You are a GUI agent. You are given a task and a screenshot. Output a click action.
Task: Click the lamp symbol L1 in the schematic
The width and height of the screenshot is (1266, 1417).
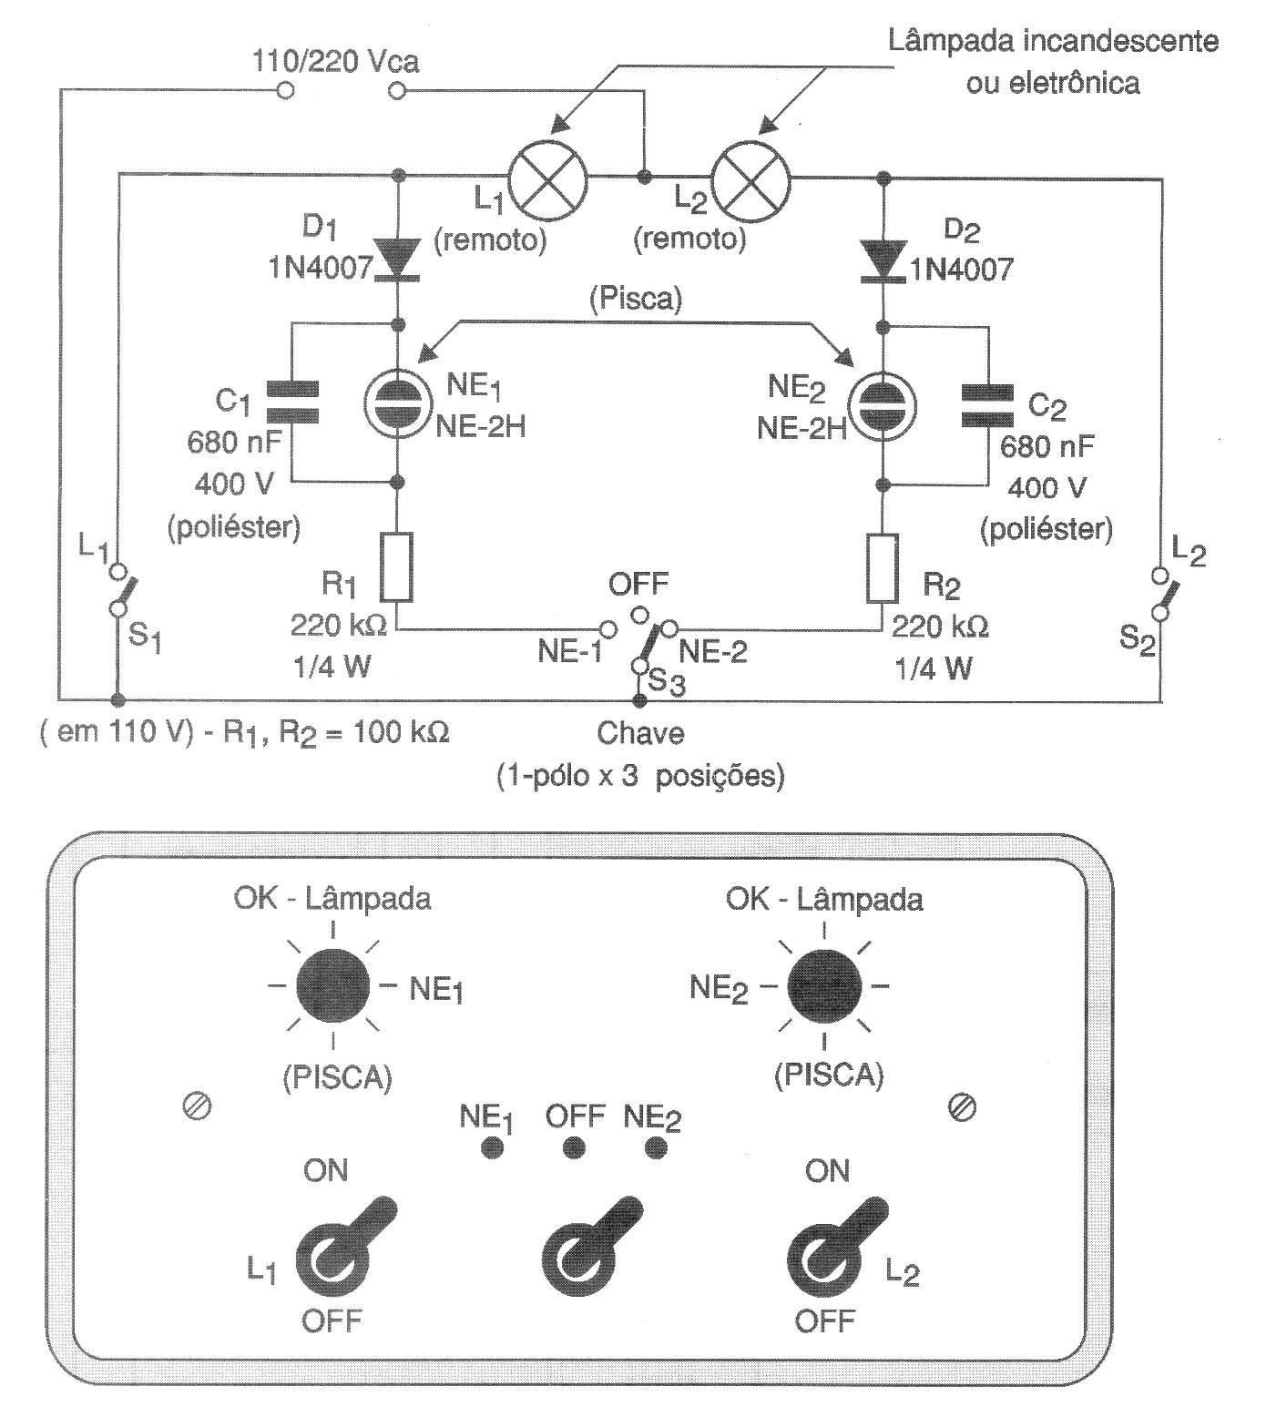tap(546, 177)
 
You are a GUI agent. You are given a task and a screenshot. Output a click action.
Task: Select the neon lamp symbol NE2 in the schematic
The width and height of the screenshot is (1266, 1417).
tap(881, 405)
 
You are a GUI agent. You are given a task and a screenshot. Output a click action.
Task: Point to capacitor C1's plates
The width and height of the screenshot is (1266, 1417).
tap(293, 403)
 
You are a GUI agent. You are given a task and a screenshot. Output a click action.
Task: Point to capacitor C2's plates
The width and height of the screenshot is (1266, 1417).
tap(988, 405)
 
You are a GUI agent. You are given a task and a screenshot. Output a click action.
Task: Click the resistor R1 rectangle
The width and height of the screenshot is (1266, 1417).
tap(397, 566)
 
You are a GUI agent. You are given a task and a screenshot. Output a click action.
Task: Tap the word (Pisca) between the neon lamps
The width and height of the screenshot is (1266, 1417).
tap(636, 300)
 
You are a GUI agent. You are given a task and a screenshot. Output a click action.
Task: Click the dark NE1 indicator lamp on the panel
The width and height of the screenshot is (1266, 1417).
tap(332, 985)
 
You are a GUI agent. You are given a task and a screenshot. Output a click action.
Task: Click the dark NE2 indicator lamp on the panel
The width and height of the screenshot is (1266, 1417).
tap(824, 985)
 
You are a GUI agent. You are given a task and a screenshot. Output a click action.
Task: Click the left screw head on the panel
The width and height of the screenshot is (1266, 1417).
tap(198, 1106)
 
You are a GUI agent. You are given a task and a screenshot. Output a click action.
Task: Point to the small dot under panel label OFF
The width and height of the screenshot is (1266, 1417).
tap(574, 1147)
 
